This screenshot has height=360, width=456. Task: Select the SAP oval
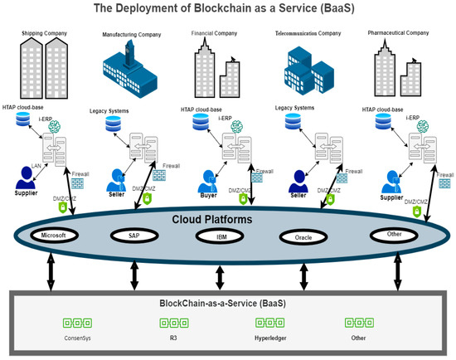134,236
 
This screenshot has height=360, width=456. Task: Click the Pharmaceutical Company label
399,32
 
